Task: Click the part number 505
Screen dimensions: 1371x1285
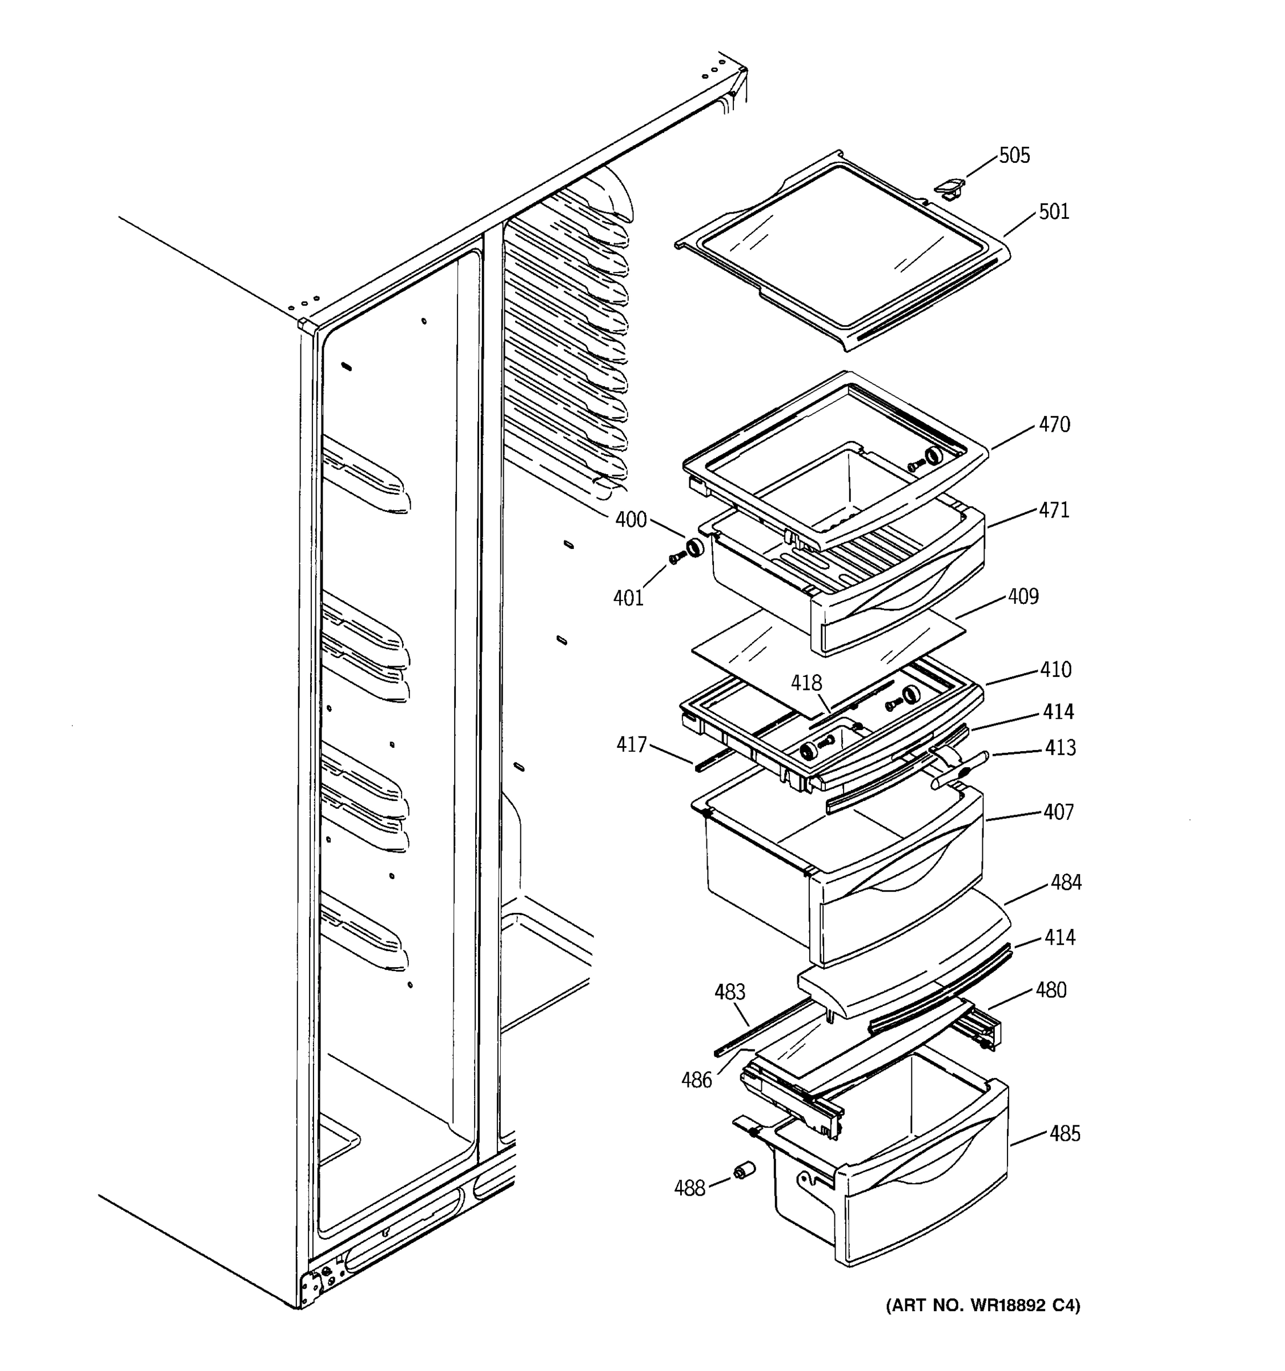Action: click(x=1014, y=156)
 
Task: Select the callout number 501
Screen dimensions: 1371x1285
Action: click(x=1053, y=212)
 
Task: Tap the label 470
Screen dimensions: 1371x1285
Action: click(x=1054, y=424)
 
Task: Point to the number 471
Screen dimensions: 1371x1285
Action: click(x=1054, y=510)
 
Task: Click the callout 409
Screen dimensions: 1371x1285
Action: click(x=1023, y=596)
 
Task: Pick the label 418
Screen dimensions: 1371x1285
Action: click(x=806, y=683)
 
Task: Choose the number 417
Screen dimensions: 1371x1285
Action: click(x=632, y=745)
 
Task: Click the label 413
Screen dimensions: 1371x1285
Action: click(x=1059, y=748)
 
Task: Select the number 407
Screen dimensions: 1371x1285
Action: click(x=1058, y=812)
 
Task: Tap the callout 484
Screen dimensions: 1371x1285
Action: click(x=1066, y=882)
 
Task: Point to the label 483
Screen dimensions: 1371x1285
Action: click(x=730, y=992)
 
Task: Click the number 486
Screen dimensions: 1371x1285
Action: click(x=696, y=1080)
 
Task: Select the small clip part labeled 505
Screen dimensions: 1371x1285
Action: click(x=949, y=187)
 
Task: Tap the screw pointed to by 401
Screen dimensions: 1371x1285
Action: click(x=676, y=557)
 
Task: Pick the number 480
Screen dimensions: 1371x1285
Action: click(x=1051, y=991)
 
